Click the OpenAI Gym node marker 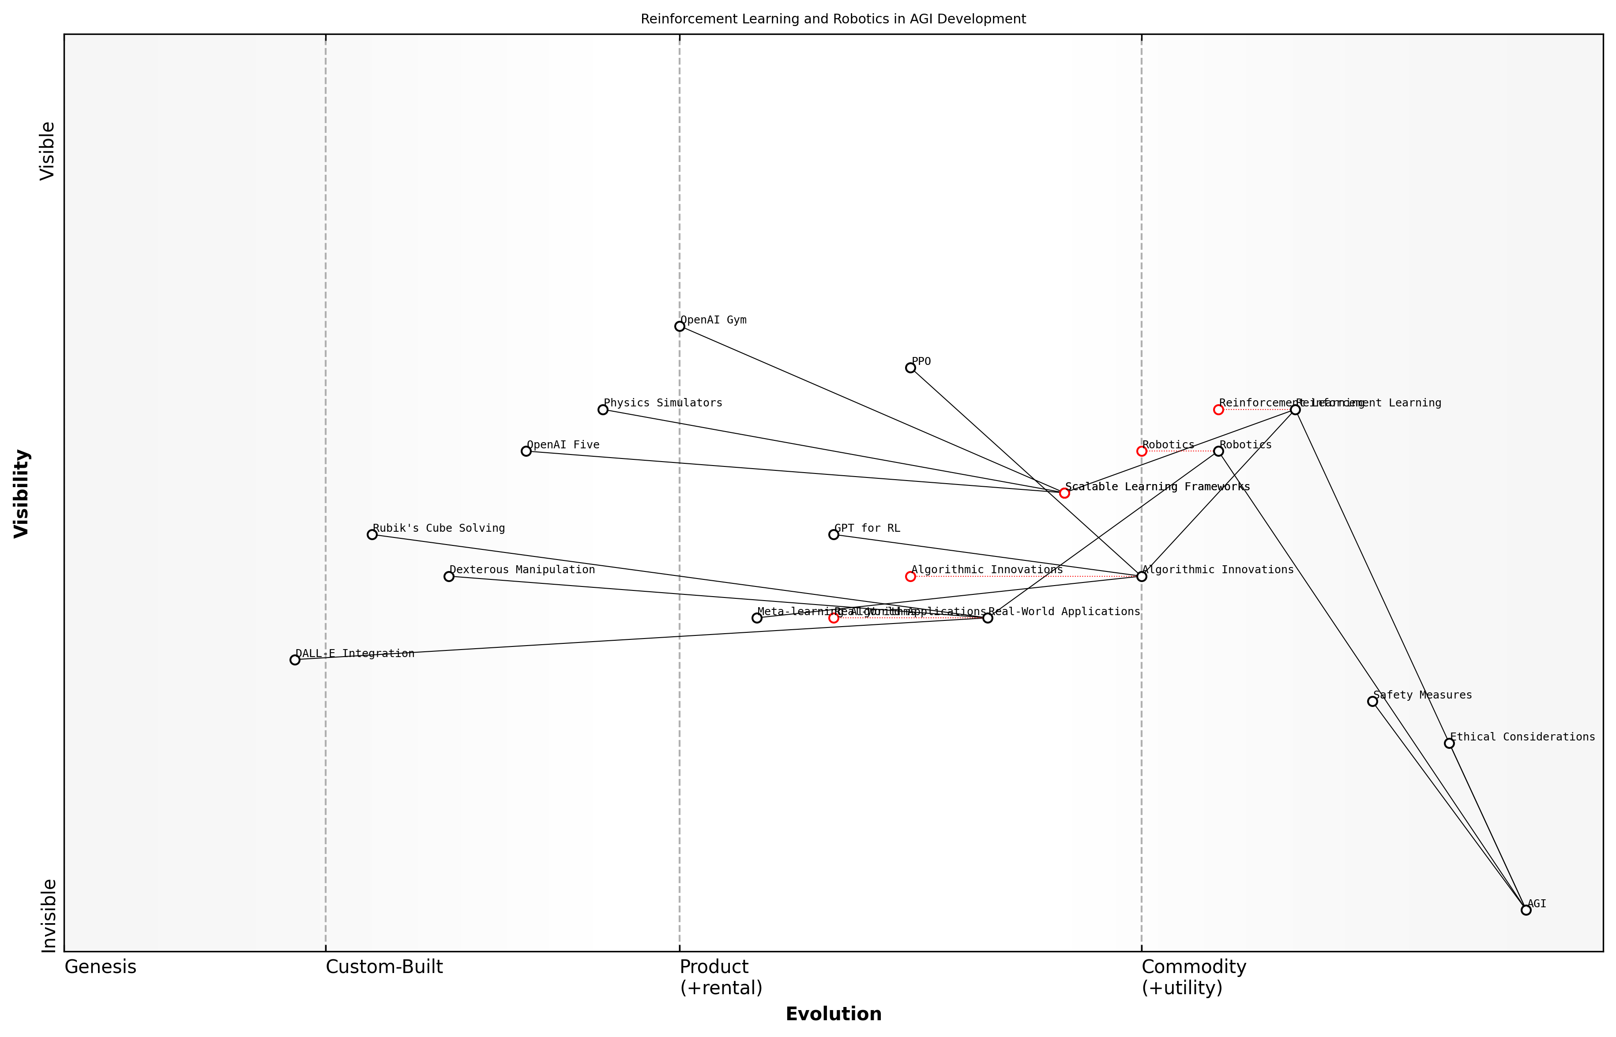pos(680,327)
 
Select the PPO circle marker pos(910,368)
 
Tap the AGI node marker pos(1526,910)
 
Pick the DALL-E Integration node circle pos(295,660)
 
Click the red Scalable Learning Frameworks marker pos(1064,493)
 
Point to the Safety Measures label pos(1422,695)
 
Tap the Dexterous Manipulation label pos(522,570)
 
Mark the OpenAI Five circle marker pos(526,451)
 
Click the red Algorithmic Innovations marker pos(910,576)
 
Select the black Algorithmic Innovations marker pos(1141,576)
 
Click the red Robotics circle pos(1141,451)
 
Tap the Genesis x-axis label pos(100,967)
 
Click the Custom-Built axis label pos(384,967)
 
